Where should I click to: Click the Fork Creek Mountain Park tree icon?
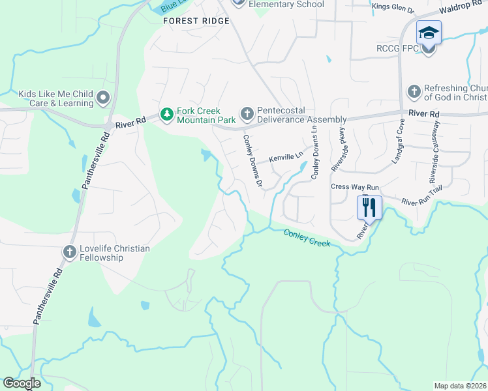167,115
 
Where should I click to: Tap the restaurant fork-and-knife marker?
369,207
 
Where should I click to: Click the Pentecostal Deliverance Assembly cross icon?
247,114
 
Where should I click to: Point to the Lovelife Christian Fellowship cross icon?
70,252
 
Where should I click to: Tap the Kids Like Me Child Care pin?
102,98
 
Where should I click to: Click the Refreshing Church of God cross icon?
413,92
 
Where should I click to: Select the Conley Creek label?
307,238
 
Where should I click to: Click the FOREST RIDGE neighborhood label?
196,21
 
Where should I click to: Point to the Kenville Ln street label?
287,157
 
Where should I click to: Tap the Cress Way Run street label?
354,186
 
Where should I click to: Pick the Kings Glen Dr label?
393,8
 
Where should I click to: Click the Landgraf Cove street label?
398,151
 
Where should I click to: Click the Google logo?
22,383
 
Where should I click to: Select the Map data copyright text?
461,386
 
